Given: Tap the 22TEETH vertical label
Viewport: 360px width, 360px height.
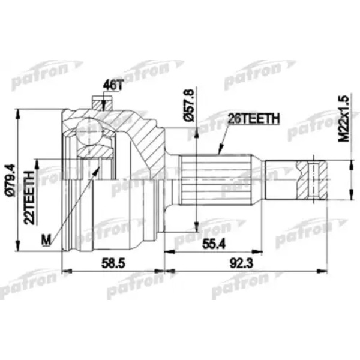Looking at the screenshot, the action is click(29, 197).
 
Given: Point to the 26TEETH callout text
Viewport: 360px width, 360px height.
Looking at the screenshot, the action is click(254, 118).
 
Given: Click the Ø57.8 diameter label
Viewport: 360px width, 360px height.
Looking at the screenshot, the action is click(189, 104).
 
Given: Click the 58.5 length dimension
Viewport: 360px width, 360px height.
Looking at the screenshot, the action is click(113, 263).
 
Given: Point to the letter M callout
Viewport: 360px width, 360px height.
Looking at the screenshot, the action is click(46, 240).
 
